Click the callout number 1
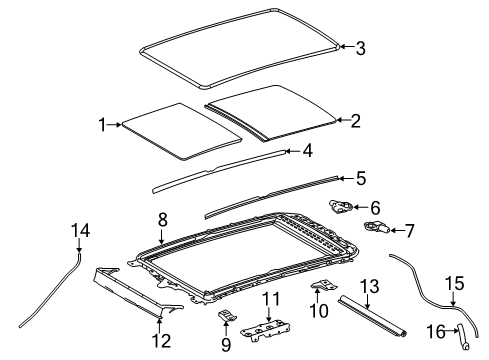pos(101,124)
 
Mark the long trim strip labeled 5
pos(270,194)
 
